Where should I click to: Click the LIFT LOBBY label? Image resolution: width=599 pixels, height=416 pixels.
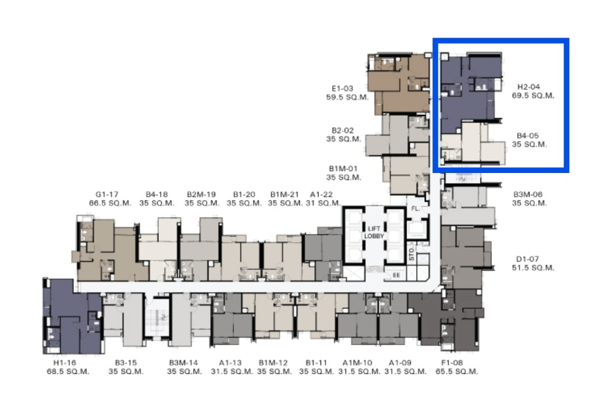tap(374, 232)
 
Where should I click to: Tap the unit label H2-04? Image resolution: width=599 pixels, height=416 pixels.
tap(528, 87)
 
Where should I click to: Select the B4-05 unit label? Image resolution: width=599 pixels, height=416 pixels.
tap(528, 135)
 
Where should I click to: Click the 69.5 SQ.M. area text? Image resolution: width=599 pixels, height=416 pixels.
tap(533, 96)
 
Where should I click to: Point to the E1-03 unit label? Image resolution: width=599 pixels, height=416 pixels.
tap(342, 89)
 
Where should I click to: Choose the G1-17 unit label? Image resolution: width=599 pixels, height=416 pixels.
tap(107, 195)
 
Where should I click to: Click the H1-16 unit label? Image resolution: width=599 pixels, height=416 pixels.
tap(65, 363)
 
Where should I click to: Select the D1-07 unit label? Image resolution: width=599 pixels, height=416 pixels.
tap(528, 259)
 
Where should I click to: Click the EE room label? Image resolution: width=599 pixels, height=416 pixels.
tap(396, 275)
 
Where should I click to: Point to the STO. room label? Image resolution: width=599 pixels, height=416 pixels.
tap(412, 254)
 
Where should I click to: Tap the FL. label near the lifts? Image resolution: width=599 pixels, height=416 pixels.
tap(416, 209)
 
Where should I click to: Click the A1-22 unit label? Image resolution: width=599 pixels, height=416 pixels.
tap(321, 195)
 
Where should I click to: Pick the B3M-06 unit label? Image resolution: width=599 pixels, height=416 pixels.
tap(528, 195)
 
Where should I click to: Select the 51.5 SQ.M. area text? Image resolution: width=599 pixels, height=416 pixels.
tap(533, 268)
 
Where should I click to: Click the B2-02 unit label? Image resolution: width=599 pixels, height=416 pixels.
tap(343, 130)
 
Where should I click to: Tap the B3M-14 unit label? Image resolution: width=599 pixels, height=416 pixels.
tap(184, 363)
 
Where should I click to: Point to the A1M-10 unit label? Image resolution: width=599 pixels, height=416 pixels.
tap(357, 363)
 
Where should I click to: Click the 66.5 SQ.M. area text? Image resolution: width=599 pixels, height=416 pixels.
tap(110, 204)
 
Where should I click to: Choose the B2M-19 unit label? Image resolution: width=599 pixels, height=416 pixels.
tap(201, 195)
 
